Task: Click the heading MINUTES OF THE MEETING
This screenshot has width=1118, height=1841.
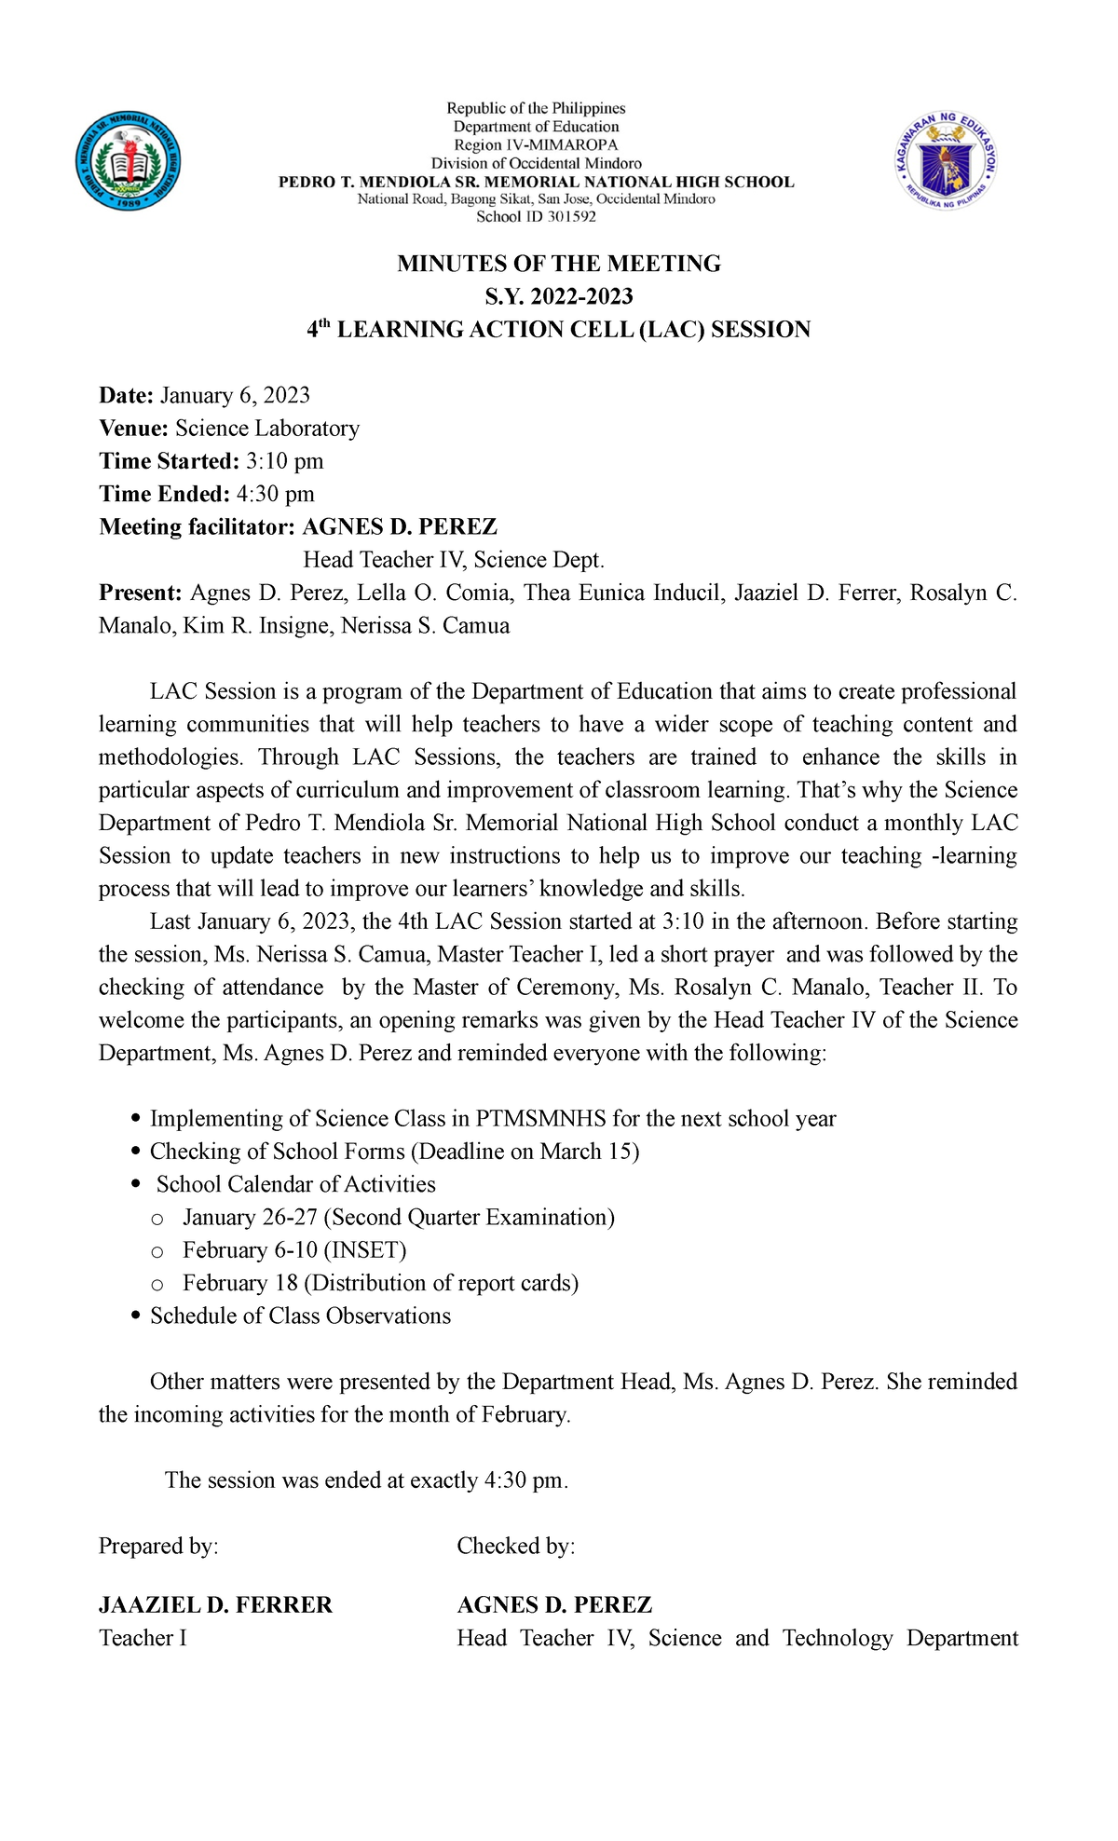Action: pyautogui.click(x=559, y=264)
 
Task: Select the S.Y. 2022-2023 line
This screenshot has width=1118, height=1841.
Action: pyautogui.click(x=559, y=296)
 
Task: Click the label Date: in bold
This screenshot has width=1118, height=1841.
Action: pyautogui.click(x=127, y=395)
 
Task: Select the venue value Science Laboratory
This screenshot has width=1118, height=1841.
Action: pyautogui.click(x=266, y=429)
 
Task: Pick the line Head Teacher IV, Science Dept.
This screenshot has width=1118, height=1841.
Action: pyautogui.click(x=454, y=560)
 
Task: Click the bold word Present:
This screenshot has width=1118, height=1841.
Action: pyautogui.click(x=141, y=593)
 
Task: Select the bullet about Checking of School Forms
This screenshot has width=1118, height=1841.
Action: pyautogui.click(x=394, y=1152)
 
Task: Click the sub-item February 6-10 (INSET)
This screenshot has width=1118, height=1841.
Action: pyautogui.click(x=294, y=1250)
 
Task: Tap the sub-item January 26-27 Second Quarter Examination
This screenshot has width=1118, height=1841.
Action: pyautogui.click(x=398, y=1218)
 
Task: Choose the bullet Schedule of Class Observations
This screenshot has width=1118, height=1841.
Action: pyautogui.click(x=300, y=1316)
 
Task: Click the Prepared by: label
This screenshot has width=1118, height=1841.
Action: pyautogui.click(x=158, y=1547)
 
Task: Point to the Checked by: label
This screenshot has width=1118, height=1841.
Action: pyautogui.click(x=515, y=1547)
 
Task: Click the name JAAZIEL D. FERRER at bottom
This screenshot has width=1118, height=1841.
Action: pyautogui.click(x=215, y=1605)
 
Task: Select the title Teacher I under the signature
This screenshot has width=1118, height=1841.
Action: pyautogui.click(x=143, y=1638)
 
